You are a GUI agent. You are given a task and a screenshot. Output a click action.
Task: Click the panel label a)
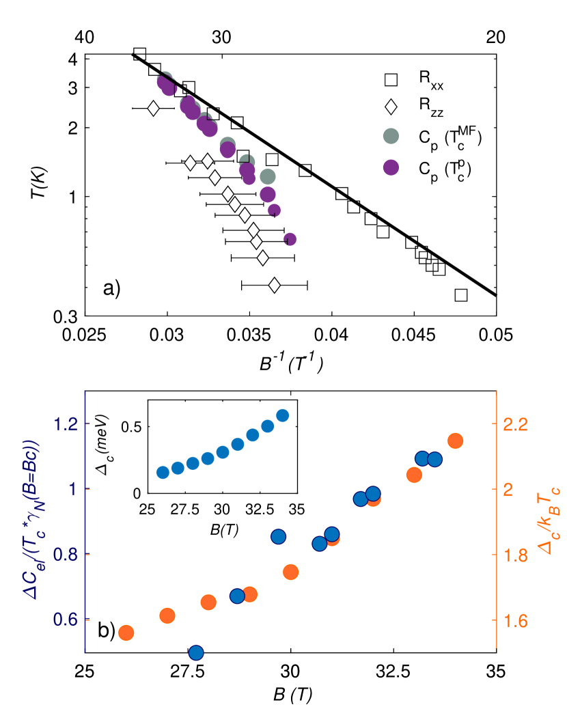(111, 288)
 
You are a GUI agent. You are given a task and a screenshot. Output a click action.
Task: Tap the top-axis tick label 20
(496, 38)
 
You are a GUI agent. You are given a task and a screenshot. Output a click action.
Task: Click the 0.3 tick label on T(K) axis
(66, 316)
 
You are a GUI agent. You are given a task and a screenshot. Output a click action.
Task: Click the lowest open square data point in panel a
(461, 295)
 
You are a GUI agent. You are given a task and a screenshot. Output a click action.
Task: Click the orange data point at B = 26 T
(126, 633)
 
